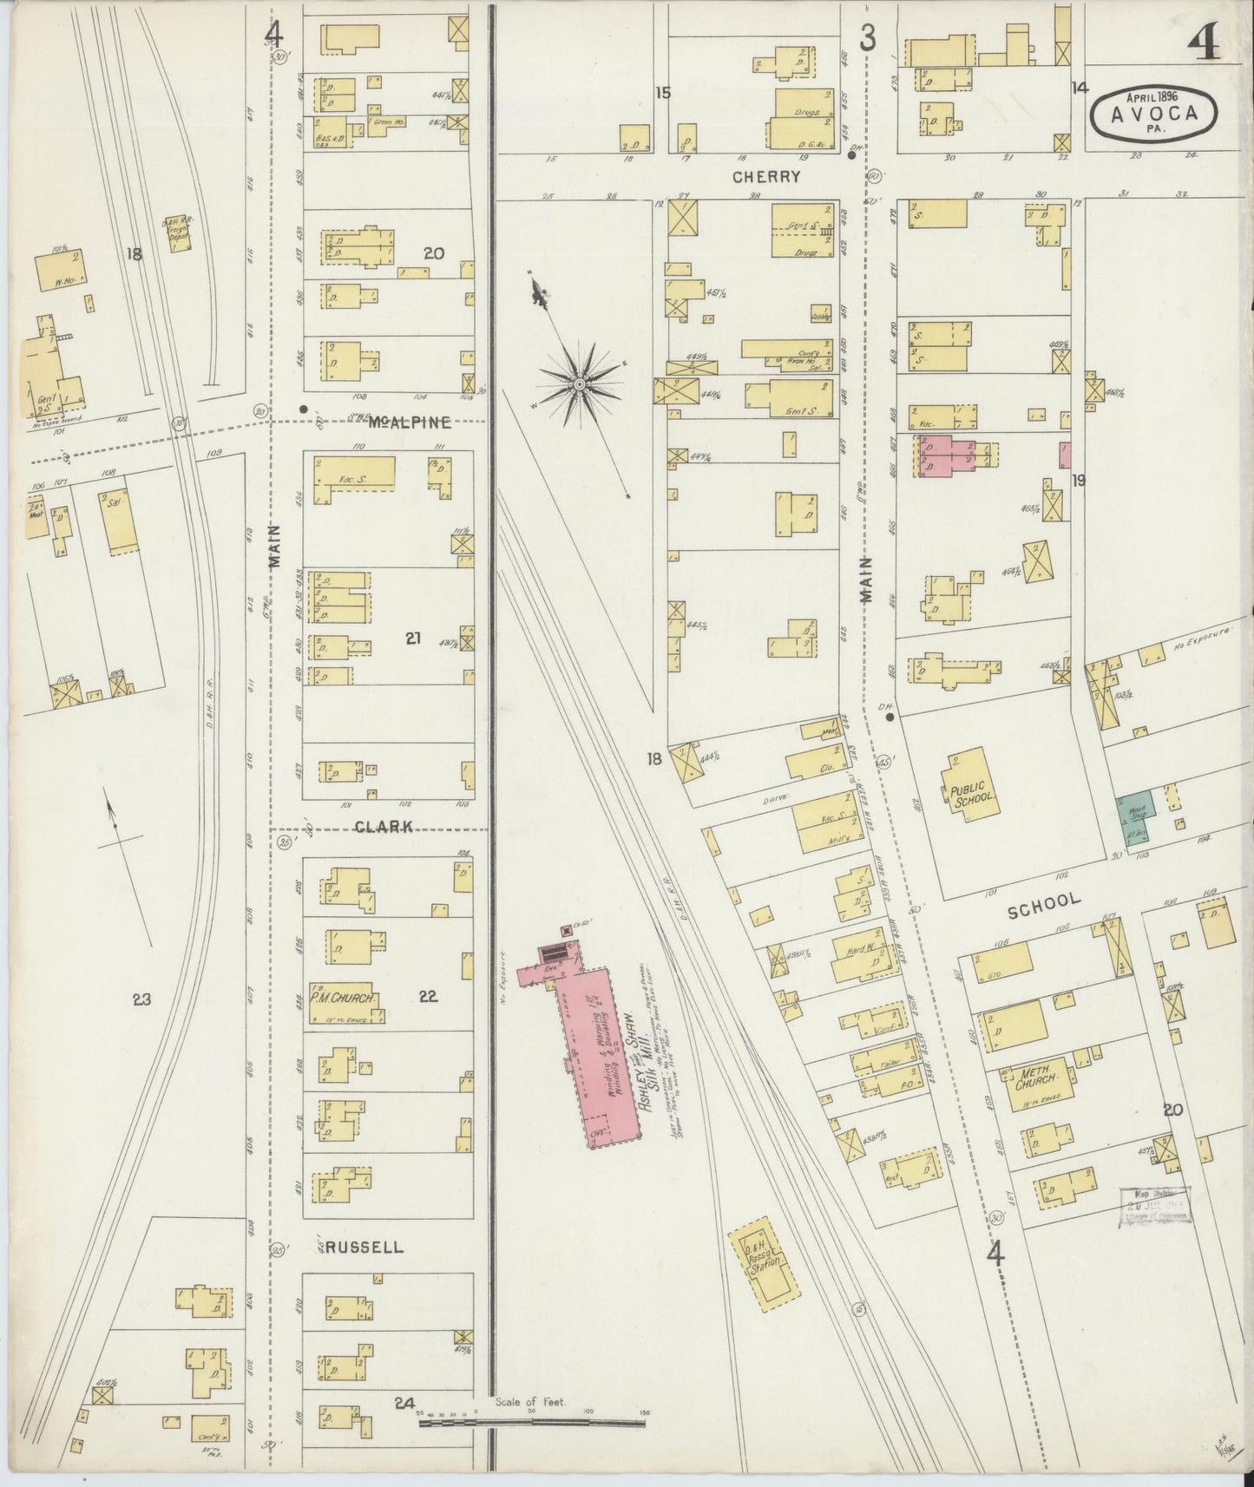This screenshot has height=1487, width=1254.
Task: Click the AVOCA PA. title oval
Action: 1153,113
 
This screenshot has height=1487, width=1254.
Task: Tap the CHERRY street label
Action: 766,177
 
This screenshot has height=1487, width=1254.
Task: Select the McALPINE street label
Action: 409,423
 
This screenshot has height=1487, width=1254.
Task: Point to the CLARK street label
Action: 384,827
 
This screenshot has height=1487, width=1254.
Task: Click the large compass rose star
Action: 579,383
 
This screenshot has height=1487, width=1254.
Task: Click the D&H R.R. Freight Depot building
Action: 181,233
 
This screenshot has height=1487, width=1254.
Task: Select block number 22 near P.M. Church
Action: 428,998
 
